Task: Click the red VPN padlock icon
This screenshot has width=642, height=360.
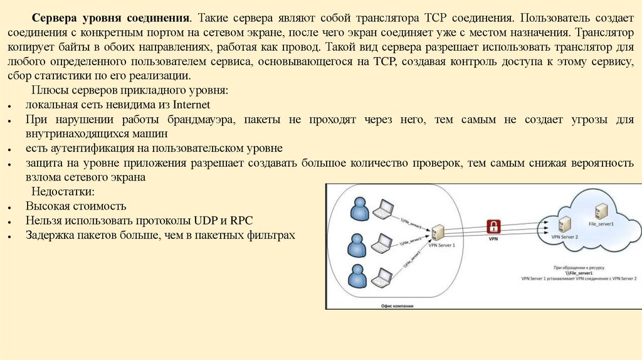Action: (x=495, y=226)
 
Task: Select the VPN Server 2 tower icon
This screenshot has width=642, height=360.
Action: (x=564, y=224)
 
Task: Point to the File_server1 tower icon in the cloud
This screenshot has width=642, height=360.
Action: (x=600, y=210)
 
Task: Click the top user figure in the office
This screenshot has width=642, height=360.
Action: (x=359, y=209)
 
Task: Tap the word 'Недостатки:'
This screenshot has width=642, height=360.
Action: (x=63, y=191)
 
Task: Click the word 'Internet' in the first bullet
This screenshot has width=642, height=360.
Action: (x=192, y=104)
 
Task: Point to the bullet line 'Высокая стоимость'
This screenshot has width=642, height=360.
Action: (x=76, y=206)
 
